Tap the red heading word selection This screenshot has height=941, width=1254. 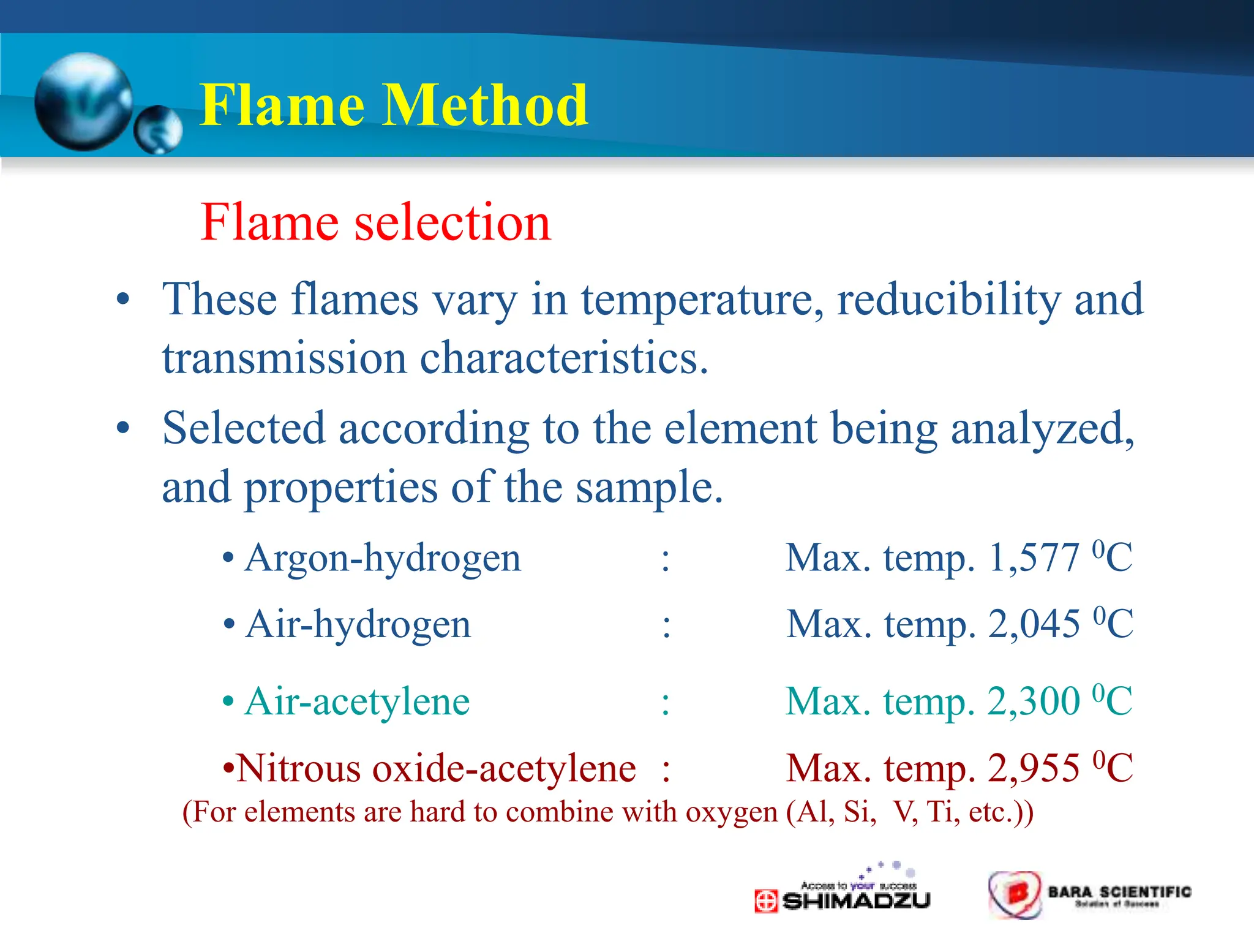(452, 222)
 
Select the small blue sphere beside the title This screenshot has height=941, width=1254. (158, 129)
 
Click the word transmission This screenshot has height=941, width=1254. (284, 358)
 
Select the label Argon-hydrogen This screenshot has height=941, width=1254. (383, 559)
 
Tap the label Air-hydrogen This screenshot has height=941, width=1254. (358, 625)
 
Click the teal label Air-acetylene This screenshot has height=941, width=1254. (357, 701)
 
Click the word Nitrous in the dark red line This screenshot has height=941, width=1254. (301, 769)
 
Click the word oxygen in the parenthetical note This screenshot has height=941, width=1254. (731, 813)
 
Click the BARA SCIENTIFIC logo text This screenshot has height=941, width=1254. (1119, 892)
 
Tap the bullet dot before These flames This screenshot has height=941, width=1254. (123, 300)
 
